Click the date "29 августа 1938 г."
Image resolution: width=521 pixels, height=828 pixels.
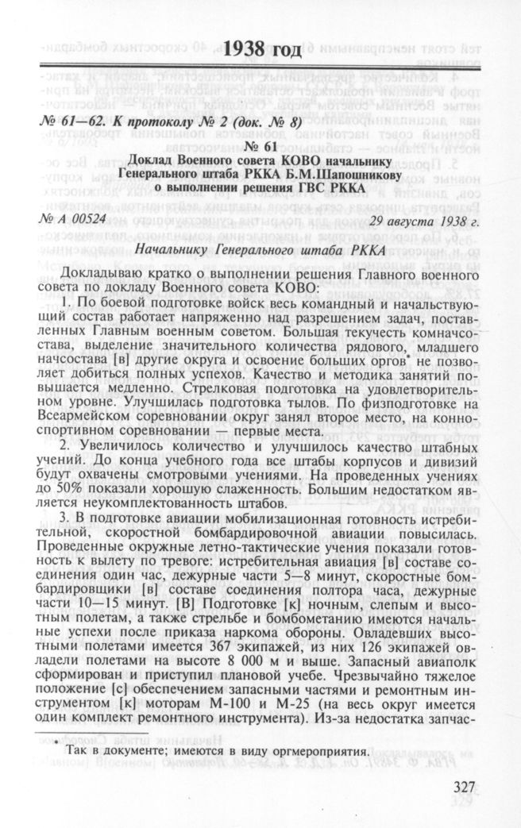click(419, 219)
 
